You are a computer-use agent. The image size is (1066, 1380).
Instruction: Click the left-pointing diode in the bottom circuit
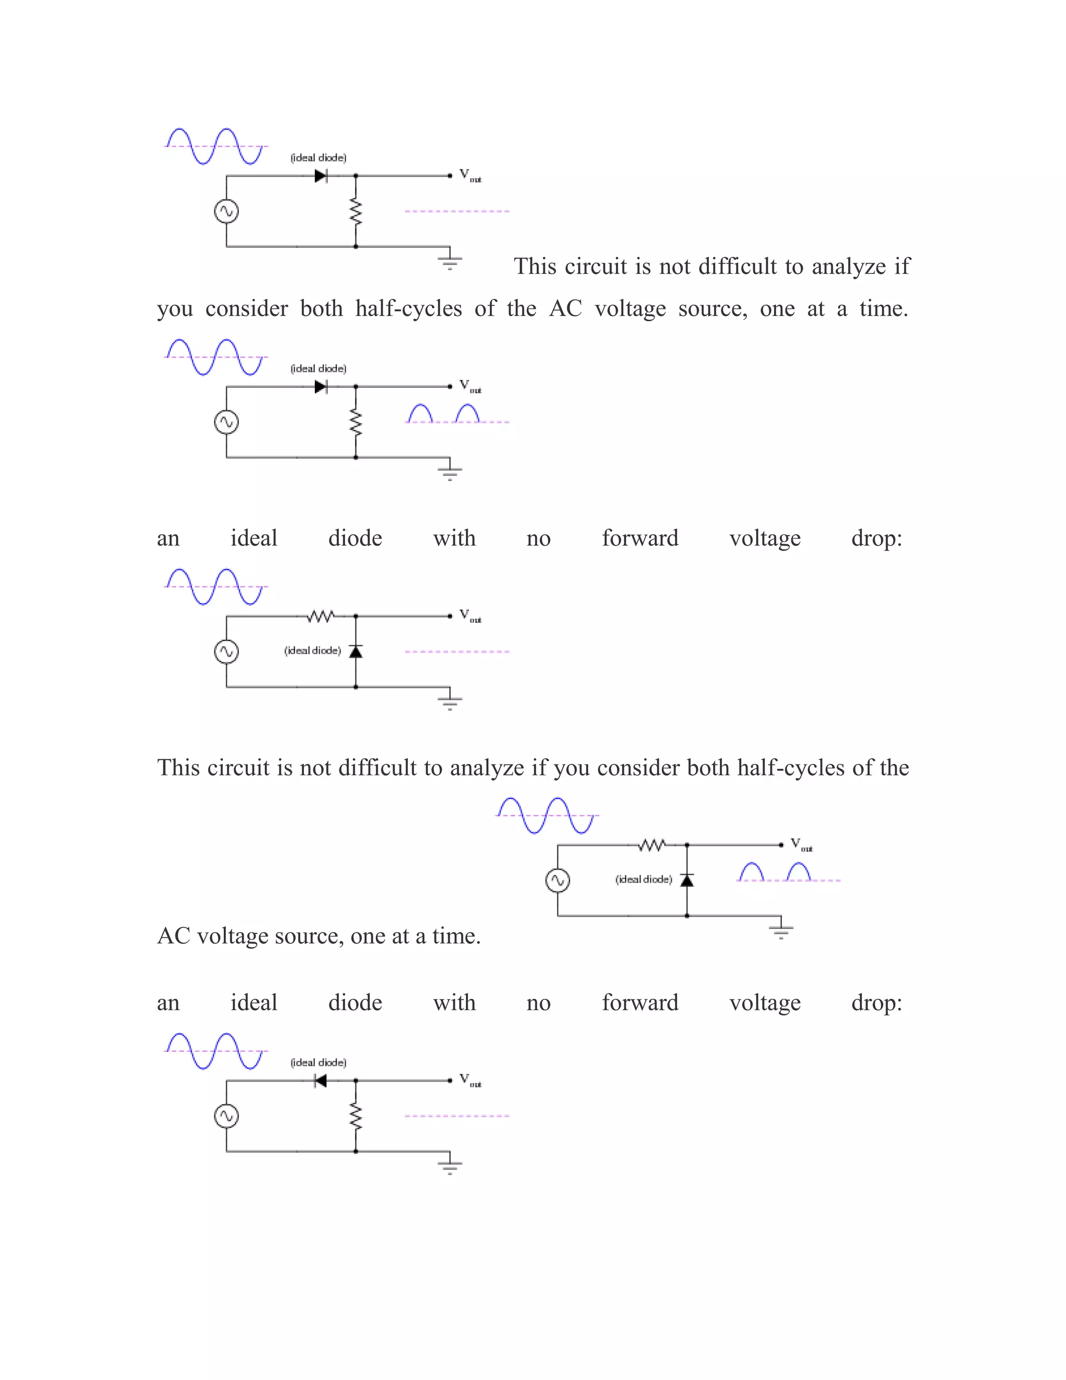pyautogui.click(x=320, y=1081)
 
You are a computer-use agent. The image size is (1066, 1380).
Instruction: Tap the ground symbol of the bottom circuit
pyautogui.click(x=450, y=1164)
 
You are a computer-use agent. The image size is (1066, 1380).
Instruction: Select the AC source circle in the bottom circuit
pyautogui.click(x=226, y=1116)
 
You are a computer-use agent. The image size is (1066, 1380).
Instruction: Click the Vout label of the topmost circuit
pyautogui.click(x=470, y=175)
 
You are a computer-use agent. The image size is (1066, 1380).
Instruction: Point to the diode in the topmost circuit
pyautogui.click(x=320, y=175)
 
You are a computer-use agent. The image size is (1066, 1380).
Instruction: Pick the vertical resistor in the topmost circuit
pyautogui.click(x=356, y=211)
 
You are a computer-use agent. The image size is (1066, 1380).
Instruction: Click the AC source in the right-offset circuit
pyautogui.click(x=557, y=880)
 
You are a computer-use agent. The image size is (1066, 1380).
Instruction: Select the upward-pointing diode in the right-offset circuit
pyautogui.click(x=687, y=880)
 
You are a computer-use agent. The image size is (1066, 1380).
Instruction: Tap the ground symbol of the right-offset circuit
pyautogui.click(x=781, y=930)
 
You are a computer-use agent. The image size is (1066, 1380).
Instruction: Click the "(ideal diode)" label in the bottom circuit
pyautogui.click(x=318, y=1062)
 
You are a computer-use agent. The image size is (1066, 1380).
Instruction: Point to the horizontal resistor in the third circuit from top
pyautogui.click(x=320, y=616)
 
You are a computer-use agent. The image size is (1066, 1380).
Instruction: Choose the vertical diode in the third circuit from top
pyautogui.click(x=356, y=651)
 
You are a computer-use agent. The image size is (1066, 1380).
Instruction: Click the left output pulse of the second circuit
pyautogui.click(x=420, y=413)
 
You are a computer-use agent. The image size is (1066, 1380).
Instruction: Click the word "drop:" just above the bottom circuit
pyautogui.click(x=876, y=1003)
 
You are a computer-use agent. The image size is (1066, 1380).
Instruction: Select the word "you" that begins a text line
pyautogui.click(x=174, y=309)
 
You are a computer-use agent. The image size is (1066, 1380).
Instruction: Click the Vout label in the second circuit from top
pyautogui.click(x=470, y=386)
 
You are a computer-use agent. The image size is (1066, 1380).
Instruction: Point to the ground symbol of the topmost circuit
pyautogui.click(x=450, y=260)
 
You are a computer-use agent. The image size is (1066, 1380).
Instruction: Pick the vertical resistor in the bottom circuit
pyautogui.click(x=356, y=1116)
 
